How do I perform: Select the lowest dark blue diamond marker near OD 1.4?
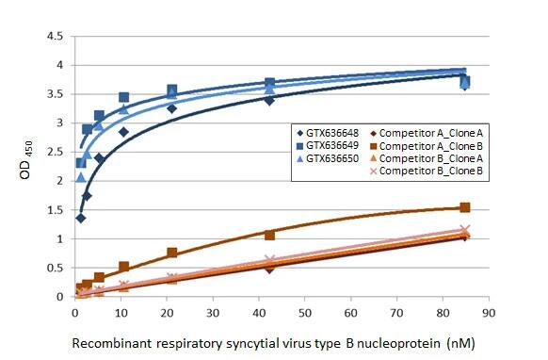(80, 218)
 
